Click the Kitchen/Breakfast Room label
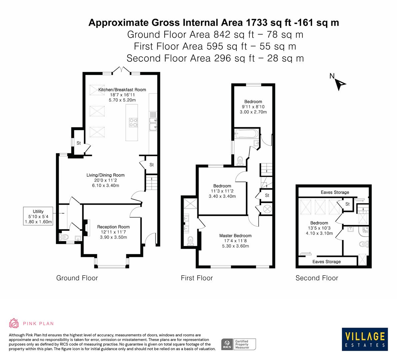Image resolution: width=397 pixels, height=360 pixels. coord(122,90)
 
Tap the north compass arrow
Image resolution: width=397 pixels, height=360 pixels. coord(340,83)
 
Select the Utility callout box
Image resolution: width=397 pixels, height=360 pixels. coord(38,216)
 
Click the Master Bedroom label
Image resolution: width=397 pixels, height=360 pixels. coord(235,236)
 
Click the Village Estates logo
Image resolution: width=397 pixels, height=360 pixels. coord(365,339)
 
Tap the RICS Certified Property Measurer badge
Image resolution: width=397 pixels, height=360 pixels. coord(239,344)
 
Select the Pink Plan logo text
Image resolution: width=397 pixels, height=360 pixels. coord(38,323)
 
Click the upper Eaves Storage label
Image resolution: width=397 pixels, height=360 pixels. coord(335,192)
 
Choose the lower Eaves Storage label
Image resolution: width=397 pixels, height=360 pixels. coord(326,262)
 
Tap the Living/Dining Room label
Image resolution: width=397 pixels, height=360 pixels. coord(105,175)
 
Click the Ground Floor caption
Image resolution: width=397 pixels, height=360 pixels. coord(77,278)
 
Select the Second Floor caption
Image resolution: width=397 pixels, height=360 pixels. coord(317,278)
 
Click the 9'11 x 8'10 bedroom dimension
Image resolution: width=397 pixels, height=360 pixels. coord(253,107)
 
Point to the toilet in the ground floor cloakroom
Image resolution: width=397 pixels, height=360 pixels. coord(64,237)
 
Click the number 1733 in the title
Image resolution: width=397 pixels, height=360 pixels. coord(256,23)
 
